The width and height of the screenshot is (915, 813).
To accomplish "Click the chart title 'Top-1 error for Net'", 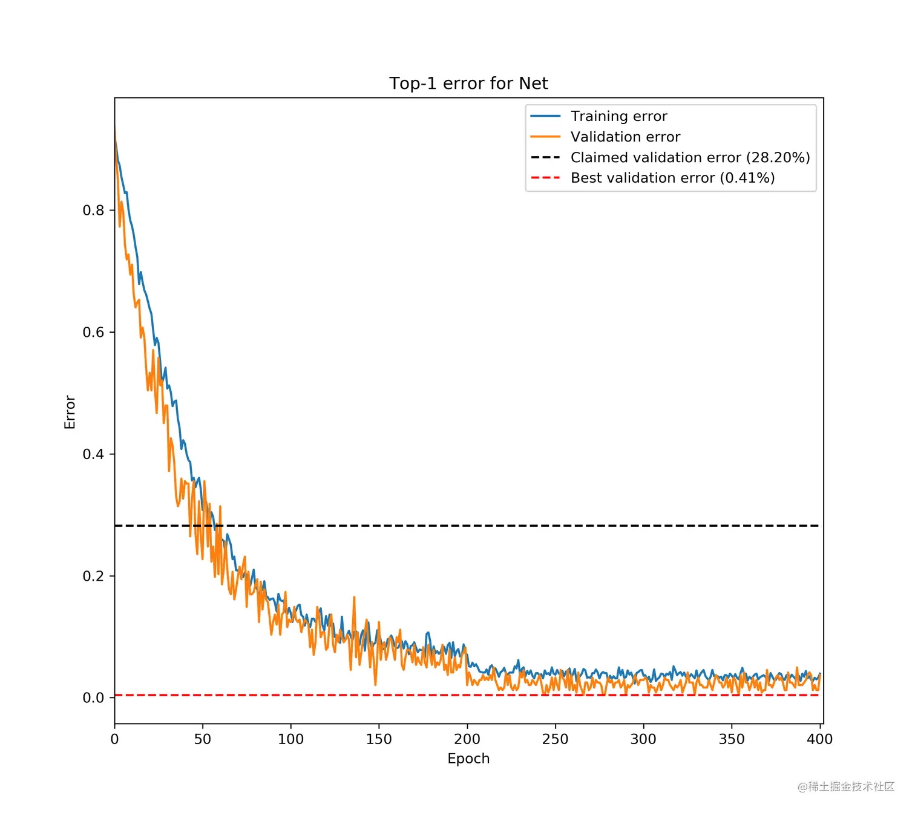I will pos(468,83).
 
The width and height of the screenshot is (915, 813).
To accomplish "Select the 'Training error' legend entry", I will pos(618,116).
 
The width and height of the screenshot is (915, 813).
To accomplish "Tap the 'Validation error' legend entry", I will pos(625,137).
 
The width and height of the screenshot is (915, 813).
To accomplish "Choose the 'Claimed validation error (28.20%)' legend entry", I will pos(690,157).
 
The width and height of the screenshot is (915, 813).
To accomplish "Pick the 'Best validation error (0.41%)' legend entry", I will pos(672,178).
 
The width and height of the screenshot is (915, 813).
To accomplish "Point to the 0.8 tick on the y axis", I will pos(93,211).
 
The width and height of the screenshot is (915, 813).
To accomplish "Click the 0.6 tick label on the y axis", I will pos(93,332).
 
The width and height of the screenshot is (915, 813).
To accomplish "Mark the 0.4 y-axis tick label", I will pos(93,454).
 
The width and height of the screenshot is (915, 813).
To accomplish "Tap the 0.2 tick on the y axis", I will pos(93,576).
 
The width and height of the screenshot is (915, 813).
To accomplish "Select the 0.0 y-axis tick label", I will pos(93,698).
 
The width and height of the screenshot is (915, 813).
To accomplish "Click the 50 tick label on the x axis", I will pos(203,739).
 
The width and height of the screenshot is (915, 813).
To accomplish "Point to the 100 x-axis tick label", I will pos(290,739).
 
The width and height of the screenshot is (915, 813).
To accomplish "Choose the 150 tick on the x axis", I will pos(379,739).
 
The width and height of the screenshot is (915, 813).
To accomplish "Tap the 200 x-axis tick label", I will pos(467,739).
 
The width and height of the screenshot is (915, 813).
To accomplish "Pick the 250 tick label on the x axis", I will pos(555,739).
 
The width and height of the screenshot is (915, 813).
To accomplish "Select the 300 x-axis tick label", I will pos(643,739).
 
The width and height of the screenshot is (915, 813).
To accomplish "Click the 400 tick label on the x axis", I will pos(820,739).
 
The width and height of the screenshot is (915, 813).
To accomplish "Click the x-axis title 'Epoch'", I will pos(468,759).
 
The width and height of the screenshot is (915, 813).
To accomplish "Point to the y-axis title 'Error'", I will pos(70,412).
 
